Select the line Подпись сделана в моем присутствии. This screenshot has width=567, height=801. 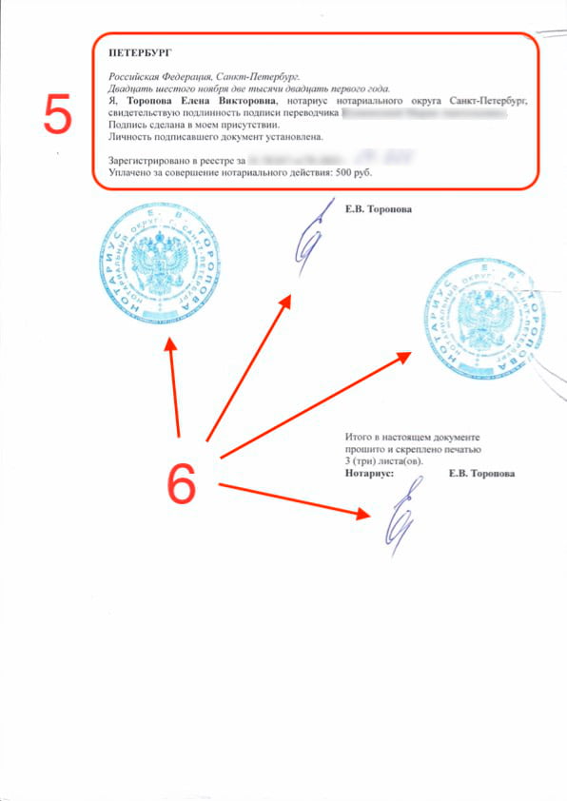193,125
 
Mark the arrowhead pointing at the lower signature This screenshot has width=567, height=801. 362,514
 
